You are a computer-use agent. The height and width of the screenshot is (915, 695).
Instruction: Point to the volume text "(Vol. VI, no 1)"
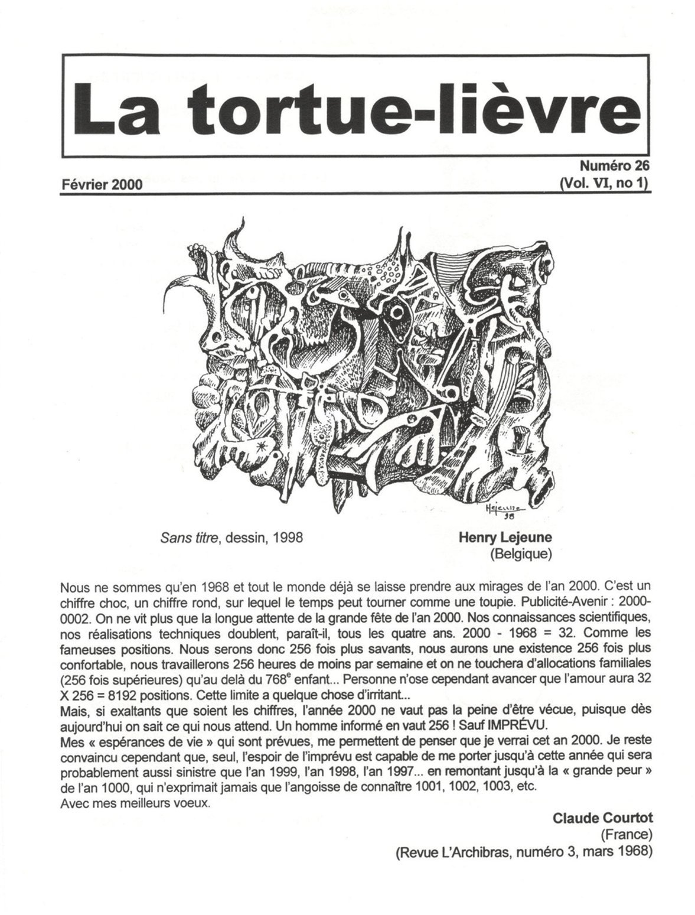605,184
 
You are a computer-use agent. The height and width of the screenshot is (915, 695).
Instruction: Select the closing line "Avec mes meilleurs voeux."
135,805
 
